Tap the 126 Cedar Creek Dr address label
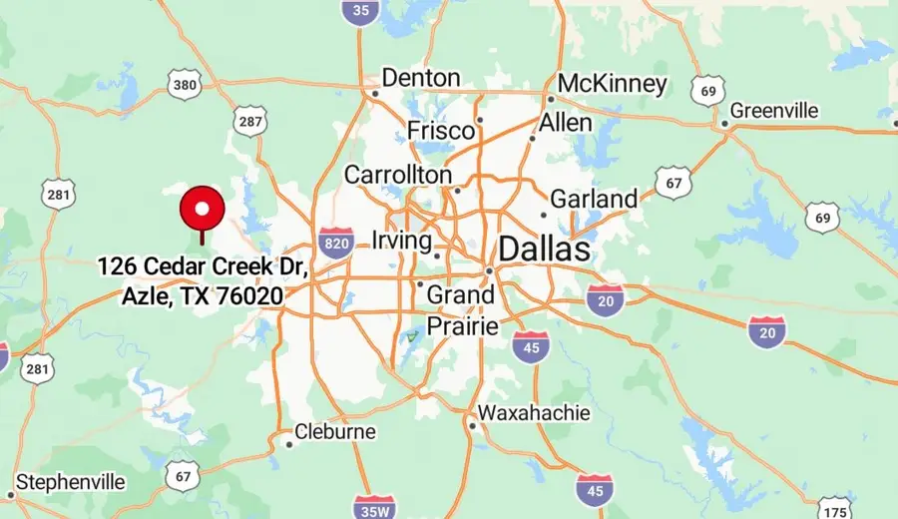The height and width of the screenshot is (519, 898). (x=203, y=281)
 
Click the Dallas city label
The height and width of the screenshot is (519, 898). (x=544, y=250)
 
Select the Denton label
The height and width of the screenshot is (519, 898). (x=421, y=78)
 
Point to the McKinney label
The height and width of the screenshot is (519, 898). (x=612, y=84)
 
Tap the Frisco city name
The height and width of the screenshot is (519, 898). (x=440, y=131)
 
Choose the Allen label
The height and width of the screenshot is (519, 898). (x=566, y=123)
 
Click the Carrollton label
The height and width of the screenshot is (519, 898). (x=398, y=175)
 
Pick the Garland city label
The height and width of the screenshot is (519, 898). (x=594, y=199)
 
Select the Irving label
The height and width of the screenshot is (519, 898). (x=401, y=241)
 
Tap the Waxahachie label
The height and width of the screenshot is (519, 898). (x=534, y=412)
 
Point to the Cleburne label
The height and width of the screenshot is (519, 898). (x=336, y=432)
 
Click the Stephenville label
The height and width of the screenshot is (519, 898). (x=71, y=482)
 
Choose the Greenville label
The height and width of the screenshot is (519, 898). (x=774, y=110)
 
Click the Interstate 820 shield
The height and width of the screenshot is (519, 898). (x=336, y=242)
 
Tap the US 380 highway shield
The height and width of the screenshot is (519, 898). (x=184, y=85)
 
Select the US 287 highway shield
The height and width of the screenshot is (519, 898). (x=250, y=122)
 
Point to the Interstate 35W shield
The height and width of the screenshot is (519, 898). (x=375, y=507)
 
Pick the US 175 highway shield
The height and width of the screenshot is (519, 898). (x=835, y=508)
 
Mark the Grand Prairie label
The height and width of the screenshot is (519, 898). (x=460, y=310)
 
